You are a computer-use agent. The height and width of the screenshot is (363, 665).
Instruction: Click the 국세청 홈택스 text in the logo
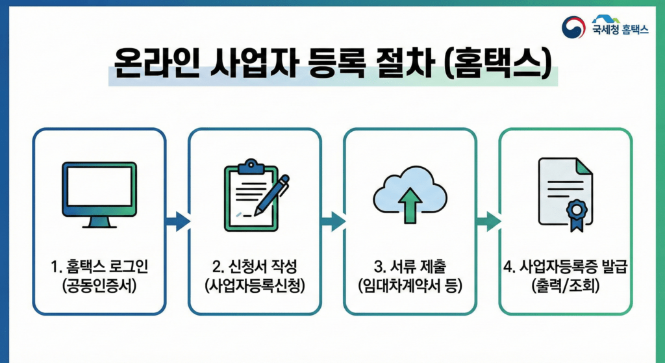pos(620,29)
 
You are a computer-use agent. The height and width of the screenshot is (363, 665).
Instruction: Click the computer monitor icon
pos(99,194)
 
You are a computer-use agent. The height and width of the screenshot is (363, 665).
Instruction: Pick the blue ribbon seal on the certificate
pos(576,212)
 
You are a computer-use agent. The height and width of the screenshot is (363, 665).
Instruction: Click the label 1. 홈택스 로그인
pos(99,267)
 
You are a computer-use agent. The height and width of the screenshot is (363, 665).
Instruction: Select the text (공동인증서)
pos(99,286)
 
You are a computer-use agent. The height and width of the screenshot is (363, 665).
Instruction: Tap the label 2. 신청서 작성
pos(255,267)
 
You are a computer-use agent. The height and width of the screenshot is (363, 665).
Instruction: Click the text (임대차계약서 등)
pos(410,286)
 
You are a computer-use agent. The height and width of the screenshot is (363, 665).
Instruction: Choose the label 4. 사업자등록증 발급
pos(565,267)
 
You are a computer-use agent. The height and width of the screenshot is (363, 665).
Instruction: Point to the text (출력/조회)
pos(565,286)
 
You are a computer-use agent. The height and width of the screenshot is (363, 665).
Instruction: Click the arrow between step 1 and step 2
pos(177,221)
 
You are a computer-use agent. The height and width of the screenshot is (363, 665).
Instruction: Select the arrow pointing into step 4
pos(488,221)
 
